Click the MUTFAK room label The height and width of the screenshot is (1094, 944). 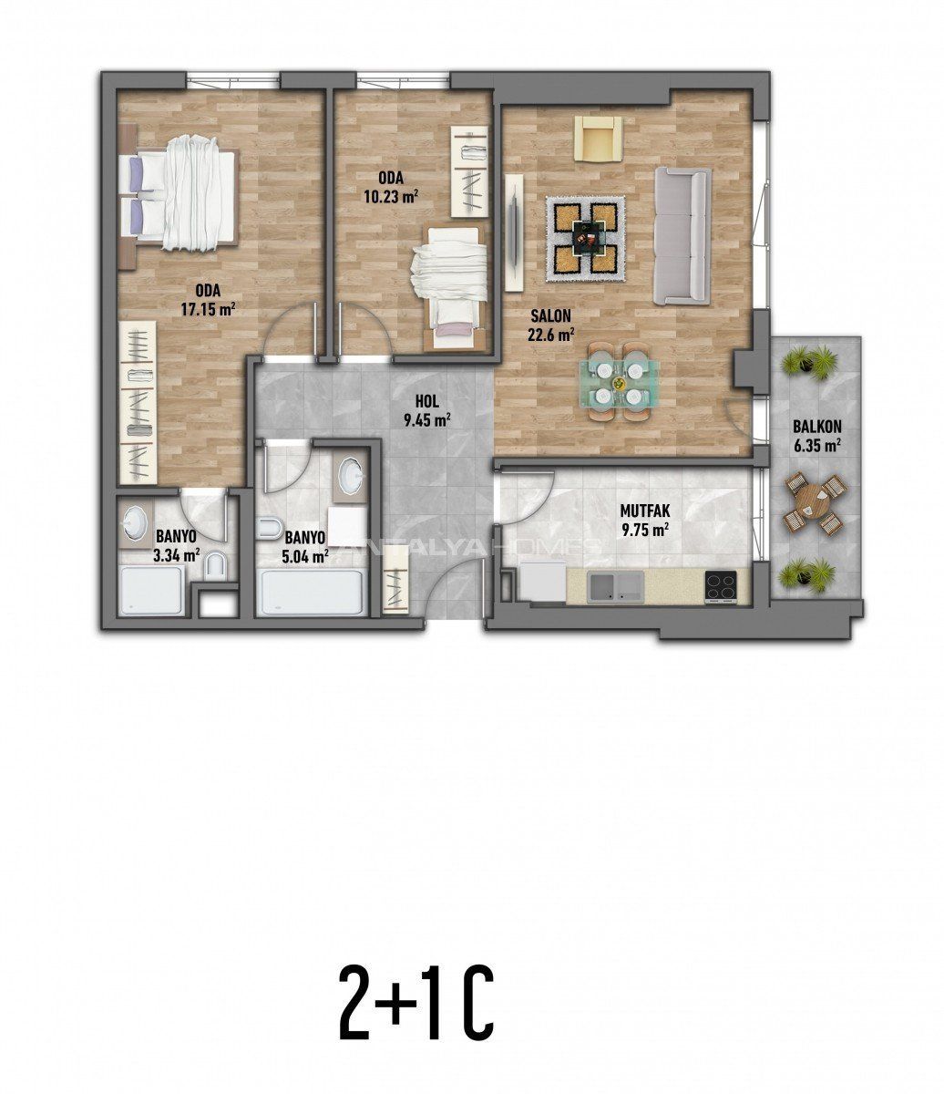[645, 511]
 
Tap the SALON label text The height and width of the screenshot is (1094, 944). [551, 316]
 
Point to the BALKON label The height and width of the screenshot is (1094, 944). [817, 426]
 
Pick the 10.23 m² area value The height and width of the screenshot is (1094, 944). [391, 197]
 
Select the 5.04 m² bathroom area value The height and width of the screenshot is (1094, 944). [305, 557]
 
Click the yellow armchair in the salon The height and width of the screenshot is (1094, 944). [599, 139]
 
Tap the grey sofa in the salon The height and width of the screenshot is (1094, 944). [682, 236]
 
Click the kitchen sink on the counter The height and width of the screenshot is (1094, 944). [615, 586]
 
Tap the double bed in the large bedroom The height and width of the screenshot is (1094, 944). [179, 193]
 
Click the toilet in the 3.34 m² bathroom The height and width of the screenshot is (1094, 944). [216, 566]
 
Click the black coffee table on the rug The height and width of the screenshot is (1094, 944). [586, 237]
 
